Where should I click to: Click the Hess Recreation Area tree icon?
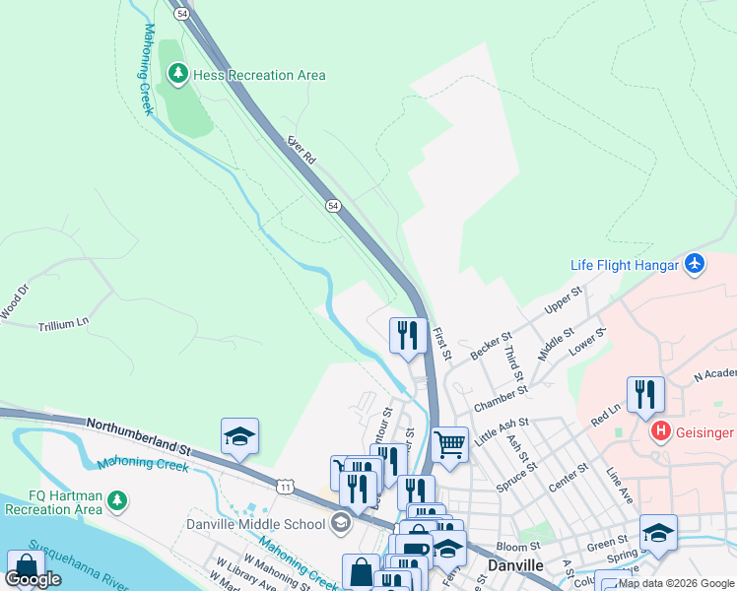click(x=177, y=74)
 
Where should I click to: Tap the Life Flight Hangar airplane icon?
click(x=695, y=264)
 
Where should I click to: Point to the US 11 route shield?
click(x=285, y=487)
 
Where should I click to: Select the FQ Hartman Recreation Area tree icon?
click(x=117, y=500)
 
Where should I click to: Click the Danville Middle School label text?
click(x=255, y=523)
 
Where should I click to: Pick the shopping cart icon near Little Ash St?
click(x=449, y=443)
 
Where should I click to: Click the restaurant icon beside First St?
click(x=407, y=335)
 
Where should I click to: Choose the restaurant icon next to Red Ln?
click(x=645, y=393)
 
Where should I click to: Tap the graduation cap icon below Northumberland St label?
click(x=239, y=435)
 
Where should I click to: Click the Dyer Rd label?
click(x=301, y=151)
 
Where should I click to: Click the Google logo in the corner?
click(x=33, y=579)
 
